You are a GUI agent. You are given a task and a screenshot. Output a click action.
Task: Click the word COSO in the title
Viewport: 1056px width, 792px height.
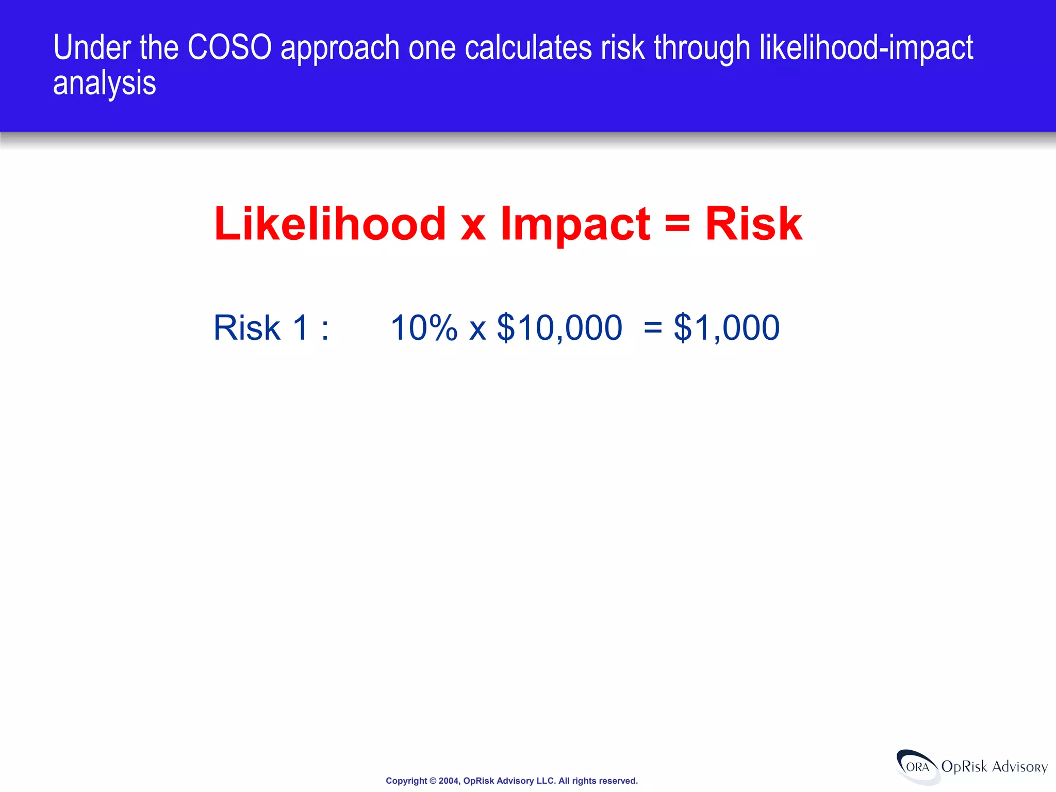click(229, 47)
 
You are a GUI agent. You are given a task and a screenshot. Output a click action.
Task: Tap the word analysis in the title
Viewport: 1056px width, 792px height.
click(104, 84)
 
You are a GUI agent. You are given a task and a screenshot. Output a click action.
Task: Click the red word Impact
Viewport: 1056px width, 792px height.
click(575, 224)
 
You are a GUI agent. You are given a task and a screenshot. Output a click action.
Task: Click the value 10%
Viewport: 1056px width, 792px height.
click(424, 327)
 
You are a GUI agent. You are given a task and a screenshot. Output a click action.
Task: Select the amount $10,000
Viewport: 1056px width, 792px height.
click(559, 327)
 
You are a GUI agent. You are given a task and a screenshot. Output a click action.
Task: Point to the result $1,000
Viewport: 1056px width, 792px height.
click(727, 327)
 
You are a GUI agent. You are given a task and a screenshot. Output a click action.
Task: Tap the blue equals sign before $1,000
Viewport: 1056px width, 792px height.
click(653, 328)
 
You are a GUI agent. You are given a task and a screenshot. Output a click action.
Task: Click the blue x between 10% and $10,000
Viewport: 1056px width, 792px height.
click(477, 330)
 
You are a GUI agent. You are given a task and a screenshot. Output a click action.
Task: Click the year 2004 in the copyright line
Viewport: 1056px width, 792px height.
click(448, 781)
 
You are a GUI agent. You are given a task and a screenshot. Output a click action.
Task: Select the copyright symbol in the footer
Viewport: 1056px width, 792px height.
click(433, 781)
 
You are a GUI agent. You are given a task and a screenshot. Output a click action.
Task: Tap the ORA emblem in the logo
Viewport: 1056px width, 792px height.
click(918, 767)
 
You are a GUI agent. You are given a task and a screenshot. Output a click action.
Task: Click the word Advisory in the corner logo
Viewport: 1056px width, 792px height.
click(1019, 767)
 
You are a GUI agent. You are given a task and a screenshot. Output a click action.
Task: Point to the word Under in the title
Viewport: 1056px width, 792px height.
click(92, 47)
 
